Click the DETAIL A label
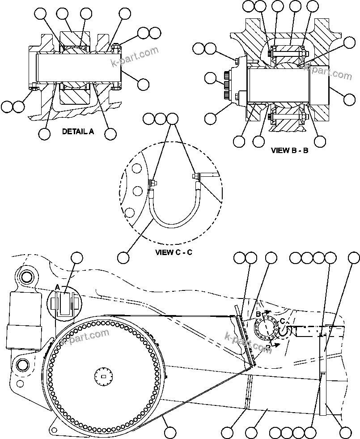click(78, 132)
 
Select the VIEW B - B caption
click(289, 150)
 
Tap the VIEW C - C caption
click(174, 252)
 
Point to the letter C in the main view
click(283, 321)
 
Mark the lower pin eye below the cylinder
click(21, 365)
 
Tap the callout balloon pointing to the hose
click(123, 257)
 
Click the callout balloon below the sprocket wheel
click(169, 432)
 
